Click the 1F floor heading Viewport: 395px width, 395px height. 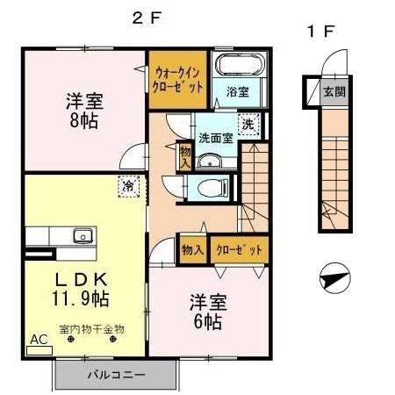320,32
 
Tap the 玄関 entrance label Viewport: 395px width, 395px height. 333,91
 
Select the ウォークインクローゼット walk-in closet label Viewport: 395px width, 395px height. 179,81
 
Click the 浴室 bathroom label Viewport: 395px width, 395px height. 238,90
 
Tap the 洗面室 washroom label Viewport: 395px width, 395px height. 214,138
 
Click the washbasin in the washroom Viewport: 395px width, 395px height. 211,161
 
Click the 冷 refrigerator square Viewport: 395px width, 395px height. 128,186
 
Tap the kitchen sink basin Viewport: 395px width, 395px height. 83,235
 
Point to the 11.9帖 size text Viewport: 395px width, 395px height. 79,298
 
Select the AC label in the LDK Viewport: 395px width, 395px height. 39,338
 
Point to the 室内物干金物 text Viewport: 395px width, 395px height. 92,329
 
